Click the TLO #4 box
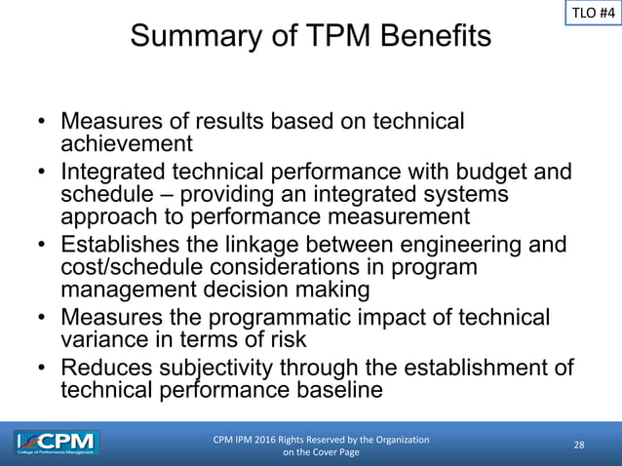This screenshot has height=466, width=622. point(591,15)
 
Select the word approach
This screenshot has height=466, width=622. point(106,216)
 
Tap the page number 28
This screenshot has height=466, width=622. point(579,446)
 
